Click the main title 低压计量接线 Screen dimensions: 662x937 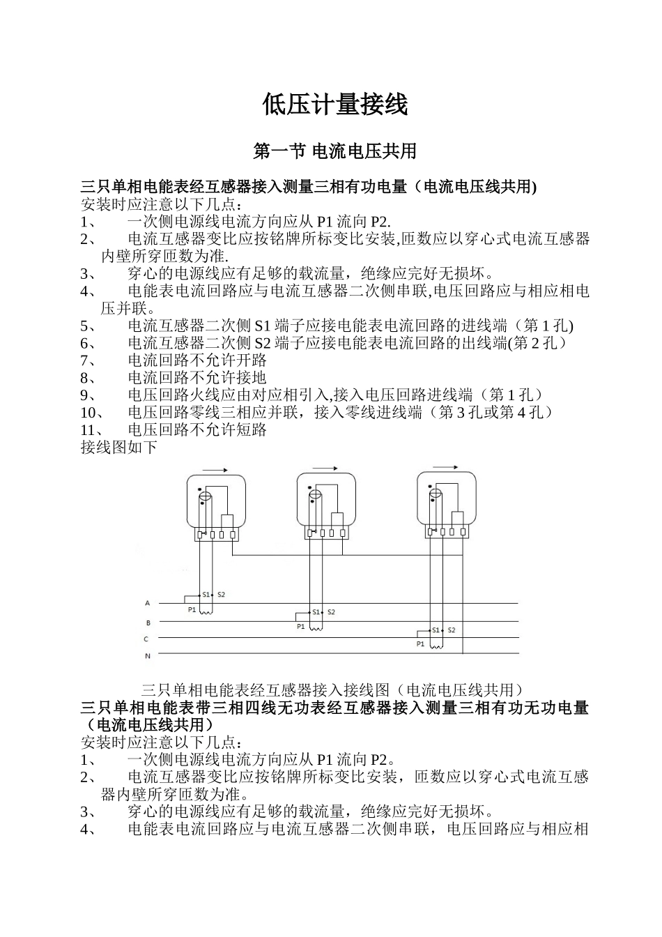[334, 105]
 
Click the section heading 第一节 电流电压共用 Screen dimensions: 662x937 [334, 151]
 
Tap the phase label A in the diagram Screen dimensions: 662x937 [147, 603]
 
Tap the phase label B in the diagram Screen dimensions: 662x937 [148, 623]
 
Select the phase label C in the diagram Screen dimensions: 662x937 [146, 639]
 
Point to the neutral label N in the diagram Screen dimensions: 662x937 [147, 656]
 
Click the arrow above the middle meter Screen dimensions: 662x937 [325, 468]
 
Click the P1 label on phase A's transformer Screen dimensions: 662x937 [192, 610]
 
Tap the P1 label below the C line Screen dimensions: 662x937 [420, 644]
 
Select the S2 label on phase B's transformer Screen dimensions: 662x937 [331, 612]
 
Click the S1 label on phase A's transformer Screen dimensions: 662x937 [205, 595]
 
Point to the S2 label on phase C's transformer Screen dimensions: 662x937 [451, 630]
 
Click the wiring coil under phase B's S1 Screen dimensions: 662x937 [316, 627]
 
